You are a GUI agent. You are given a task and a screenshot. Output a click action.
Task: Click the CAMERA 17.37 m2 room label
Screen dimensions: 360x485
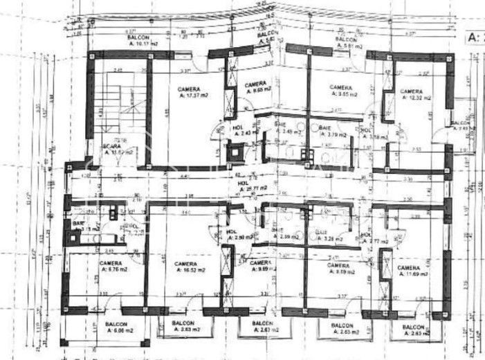pos(189,93)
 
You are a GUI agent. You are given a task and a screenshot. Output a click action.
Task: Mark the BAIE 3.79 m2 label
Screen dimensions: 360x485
pos(329,132)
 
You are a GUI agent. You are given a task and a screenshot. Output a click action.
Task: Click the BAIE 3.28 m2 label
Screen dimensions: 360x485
pos(324,236)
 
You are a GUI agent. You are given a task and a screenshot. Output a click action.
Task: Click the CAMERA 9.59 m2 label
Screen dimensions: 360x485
pos(338,269)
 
